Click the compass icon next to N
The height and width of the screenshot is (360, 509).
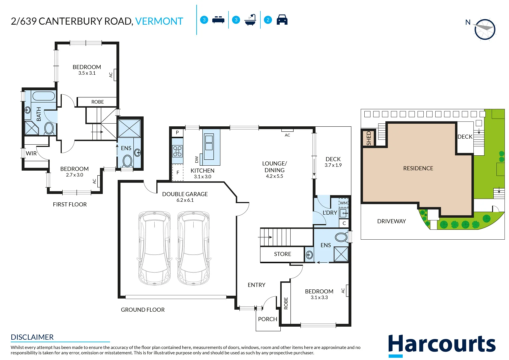coord(485,29)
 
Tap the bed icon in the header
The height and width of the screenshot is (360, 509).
coord(218,20)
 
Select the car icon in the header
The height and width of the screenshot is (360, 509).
coord(282,20)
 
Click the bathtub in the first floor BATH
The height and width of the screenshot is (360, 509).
coord(44,96)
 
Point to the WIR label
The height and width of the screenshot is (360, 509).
coord(31,153)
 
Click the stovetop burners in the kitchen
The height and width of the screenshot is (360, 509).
coord(177,151)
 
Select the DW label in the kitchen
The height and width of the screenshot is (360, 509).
coord(196,160)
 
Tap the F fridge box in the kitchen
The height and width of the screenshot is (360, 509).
coord(178,173)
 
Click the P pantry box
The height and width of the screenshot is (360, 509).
coord(177,132)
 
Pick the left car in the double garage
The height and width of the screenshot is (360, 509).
coord(154,248)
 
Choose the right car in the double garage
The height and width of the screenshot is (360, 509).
coord(193,248)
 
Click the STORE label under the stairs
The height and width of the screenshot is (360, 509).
coord(282,254)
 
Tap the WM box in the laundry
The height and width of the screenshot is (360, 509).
coord(344,203)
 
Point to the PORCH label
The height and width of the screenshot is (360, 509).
coord(268,319)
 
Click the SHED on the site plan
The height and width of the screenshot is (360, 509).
coord(369,138)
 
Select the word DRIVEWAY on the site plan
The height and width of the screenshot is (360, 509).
coord(391,221)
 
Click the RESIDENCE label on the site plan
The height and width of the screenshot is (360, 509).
coord(418,168)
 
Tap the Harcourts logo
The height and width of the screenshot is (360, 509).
coord(442,345)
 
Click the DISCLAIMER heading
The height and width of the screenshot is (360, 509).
coord(32,337)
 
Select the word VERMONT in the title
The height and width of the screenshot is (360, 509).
coord(159,21)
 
